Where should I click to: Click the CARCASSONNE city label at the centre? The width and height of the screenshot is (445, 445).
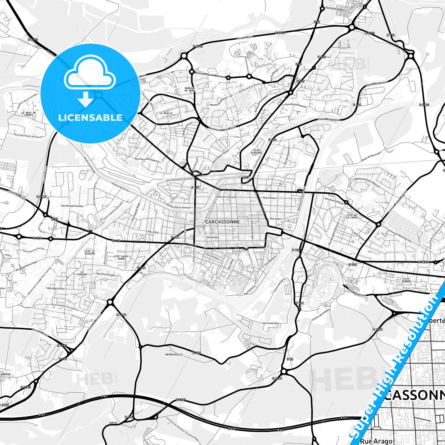coord(222,222)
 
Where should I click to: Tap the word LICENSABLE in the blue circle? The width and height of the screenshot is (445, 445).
coord(90,117)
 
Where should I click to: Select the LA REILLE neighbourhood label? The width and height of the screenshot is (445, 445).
coord(166,113)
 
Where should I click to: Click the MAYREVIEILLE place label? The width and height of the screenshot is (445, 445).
coord(174,354)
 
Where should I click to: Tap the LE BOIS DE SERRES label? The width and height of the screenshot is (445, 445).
coord(29,114)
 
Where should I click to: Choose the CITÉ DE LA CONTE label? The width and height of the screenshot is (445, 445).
coord(351,216)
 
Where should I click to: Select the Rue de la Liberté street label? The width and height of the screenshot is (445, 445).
coord(227,197)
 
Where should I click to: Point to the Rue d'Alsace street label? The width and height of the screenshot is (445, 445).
coord(270,198)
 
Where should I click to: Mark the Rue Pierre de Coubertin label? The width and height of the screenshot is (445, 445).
coord(147,160)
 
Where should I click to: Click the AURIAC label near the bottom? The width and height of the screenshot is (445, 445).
coord(113,423)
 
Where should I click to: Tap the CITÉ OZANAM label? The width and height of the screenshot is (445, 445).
coord(406,280)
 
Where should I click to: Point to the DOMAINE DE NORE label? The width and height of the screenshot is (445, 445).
coord(189,89)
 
